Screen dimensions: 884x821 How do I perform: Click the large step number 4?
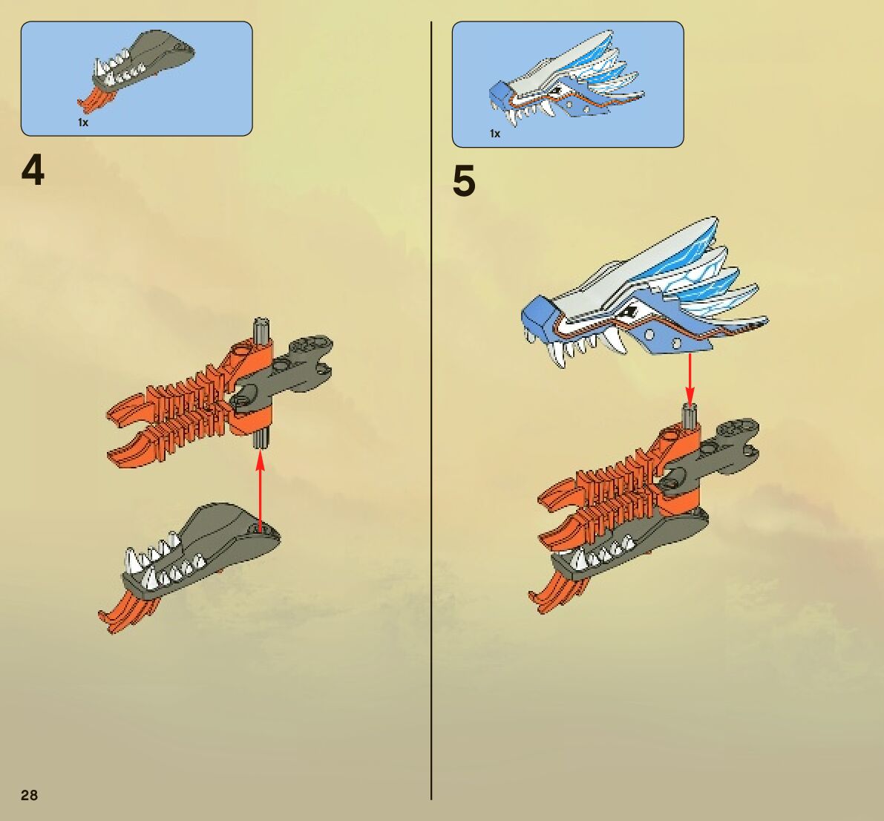pyautogui.click(x=33, y=171)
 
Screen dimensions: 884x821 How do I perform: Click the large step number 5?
pyautogui.click(x=464, y=182)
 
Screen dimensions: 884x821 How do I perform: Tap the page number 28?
pyautogui.click(x=29, y=796)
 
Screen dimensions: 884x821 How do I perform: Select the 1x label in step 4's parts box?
pyautogui.click(x=83, y=122)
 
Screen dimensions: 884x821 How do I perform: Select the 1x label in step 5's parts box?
pyautogui.click(x=494, y=134)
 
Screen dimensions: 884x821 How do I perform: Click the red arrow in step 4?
pyautogui.click(x=260, y=490)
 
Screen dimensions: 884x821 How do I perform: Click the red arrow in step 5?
pyautogui.click(x=690, y=379)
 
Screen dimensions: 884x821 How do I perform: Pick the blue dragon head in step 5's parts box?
pyautogui.click(x=564, y=85)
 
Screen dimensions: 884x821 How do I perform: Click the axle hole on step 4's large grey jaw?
pyautogui.click(x=258, y=529)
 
